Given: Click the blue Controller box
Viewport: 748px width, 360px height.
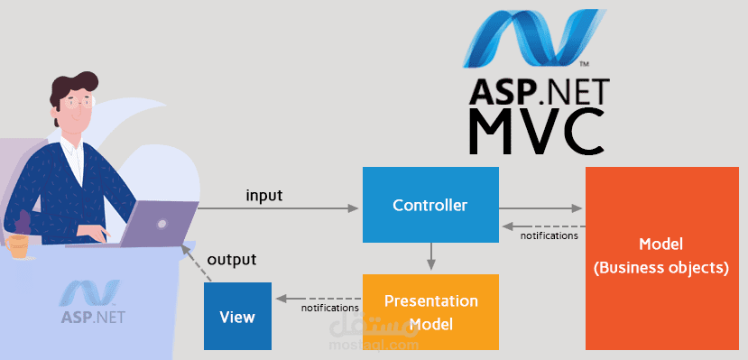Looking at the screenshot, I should pyautogui.click(x=430, y=205).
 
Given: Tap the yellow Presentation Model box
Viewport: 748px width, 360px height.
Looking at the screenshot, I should pyautogui.click(x=430, y=311).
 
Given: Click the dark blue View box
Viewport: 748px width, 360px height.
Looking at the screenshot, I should pyautogui.click(x=237, y=317).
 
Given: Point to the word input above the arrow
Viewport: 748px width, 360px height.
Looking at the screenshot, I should pyautogui.click(x=263, y=194).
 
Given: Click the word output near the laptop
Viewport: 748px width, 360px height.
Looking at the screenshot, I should pyautogui.click(x=232, y=260).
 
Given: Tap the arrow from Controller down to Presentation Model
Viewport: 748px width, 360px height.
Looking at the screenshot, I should pyautogui.click(x=431, y=256).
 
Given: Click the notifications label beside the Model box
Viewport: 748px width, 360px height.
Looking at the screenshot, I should pyautogui.click(x=549, y=235).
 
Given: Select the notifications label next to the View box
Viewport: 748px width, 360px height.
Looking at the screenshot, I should pyautogui.click(x=329, y=309).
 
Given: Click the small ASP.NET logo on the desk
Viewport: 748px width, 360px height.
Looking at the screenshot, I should pyautogui.click(x=93, y=303).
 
